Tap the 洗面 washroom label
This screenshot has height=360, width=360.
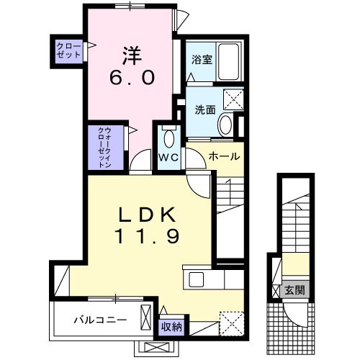204,111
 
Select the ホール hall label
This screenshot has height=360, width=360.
224,156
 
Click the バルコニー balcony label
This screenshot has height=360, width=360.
100,318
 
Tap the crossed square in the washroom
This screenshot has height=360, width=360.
233,98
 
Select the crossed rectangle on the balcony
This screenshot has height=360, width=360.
147,318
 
